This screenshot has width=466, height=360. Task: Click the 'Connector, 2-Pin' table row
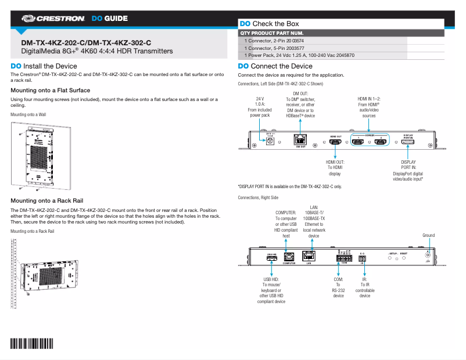click(x=274, y=41)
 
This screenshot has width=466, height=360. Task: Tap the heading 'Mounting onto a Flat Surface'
click(x=51, y=91)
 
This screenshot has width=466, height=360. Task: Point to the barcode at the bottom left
click(x=31, y=343)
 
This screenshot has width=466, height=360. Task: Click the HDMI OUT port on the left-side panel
click(x=335, y=141)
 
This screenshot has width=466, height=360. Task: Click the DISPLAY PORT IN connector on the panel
click(x=408, y=141)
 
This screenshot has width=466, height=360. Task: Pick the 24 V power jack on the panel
click(x=270, y=141)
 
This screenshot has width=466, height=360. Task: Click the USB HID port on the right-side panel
click(x=271, y=258)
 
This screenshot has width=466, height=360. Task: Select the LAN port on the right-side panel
click(x=310, y=257)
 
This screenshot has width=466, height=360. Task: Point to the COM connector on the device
click(x=343, y=258)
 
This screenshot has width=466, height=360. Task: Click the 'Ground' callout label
click(x=428, y=235)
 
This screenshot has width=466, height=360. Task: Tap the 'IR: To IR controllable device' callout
click(x=364, y=287)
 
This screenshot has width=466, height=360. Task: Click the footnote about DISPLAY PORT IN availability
click(x=290, y=186)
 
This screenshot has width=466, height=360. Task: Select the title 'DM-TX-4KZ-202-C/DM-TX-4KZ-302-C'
click(x=86, y=42)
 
